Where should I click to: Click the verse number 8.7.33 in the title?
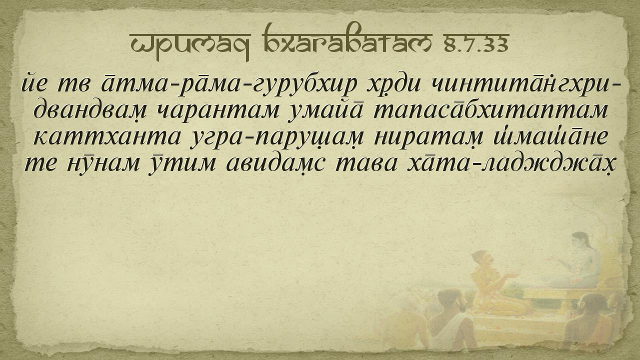click(476, 44)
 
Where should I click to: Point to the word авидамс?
click(275, 164)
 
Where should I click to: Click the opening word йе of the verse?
click(33, 83)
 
